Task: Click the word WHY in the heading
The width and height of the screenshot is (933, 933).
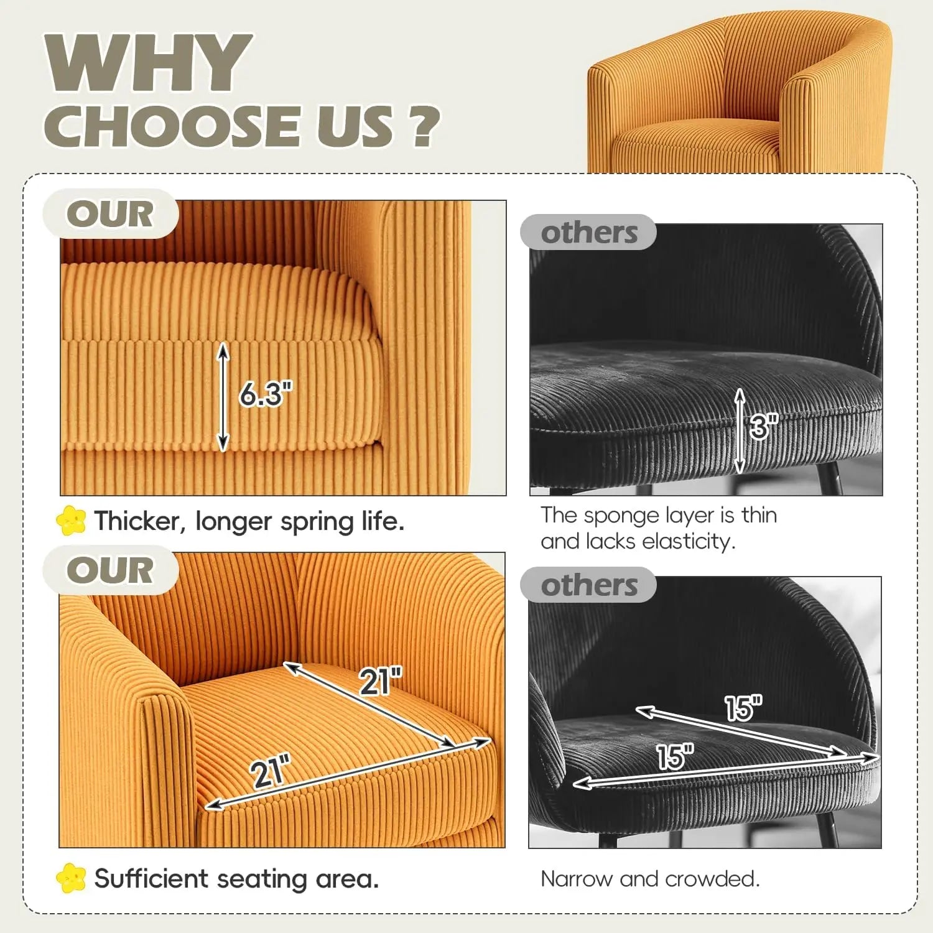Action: click(148, 63)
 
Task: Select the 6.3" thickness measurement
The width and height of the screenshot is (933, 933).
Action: click(266, 394)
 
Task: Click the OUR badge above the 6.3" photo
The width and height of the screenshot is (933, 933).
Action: click(110, 213)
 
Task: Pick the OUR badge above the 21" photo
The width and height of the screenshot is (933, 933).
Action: click(110, 570)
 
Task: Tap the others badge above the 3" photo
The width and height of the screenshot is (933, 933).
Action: click(588, 232)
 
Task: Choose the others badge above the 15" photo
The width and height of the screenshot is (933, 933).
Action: click(588, 585)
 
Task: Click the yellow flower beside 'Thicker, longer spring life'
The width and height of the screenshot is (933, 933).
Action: click(71, 520)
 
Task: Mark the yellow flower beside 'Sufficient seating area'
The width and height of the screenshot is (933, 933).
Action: click(71, 878)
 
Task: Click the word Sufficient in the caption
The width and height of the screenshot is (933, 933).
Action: click(152, 879)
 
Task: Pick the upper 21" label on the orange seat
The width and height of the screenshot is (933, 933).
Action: click(381, 681)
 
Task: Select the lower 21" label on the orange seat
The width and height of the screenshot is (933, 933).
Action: click(271, 771)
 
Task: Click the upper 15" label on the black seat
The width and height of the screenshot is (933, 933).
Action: click(743, 708)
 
